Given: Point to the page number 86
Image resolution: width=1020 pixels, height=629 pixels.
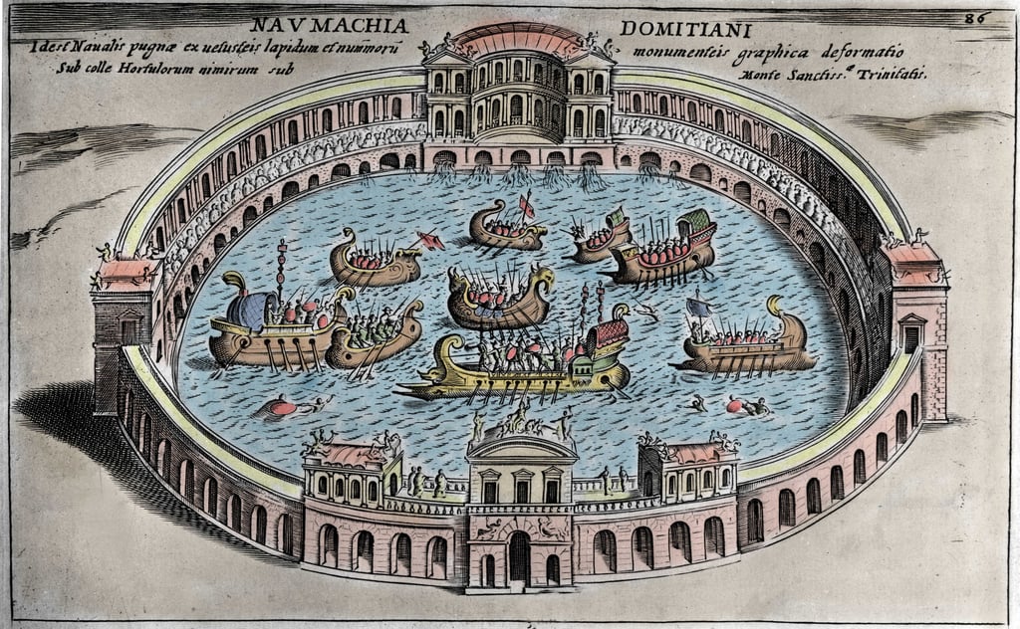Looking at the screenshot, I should [975, 17].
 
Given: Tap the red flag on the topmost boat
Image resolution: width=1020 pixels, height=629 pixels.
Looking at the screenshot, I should [526, 206].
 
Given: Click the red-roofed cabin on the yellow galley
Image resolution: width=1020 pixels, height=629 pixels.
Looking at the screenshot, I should [610, 334].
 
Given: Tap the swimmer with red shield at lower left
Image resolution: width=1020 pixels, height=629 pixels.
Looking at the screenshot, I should [283, 407].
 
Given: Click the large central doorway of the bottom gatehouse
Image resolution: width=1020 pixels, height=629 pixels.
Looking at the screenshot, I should [519, 557].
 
